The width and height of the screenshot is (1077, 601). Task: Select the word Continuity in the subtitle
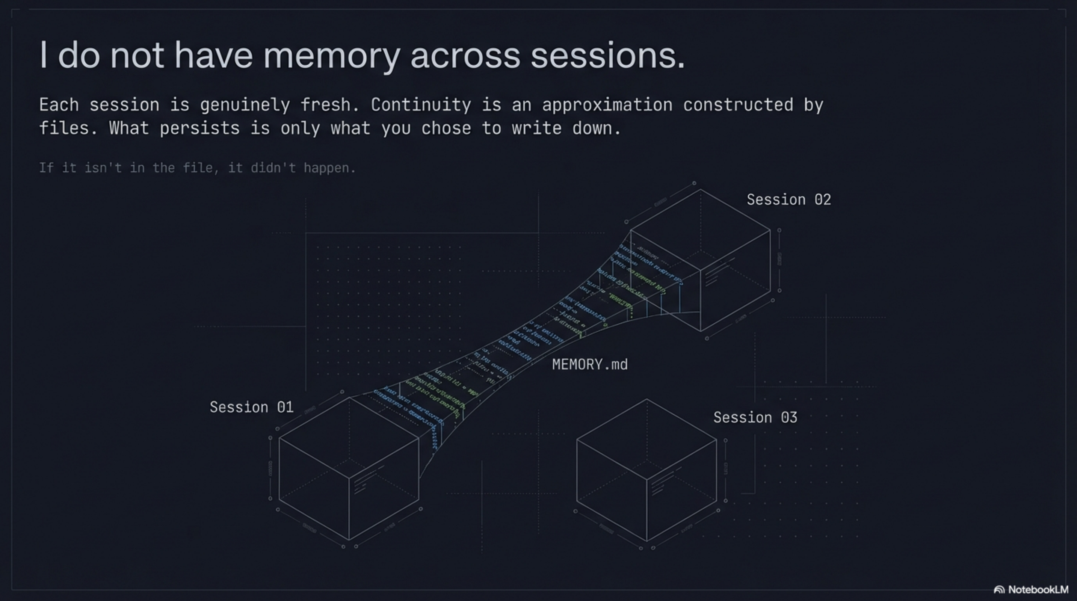coord(421,104)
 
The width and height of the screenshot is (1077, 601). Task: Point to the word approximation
coord(607,104)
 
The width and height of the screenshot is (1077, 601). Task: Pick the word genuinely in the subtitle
coord(245,105)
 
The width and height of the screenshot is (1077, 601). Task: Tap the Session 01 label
coord(251,407)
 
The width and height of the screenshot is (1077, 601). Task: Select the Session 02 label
coord(788,200)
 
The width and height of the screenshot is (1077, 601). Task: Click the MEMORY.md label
coord(589,364)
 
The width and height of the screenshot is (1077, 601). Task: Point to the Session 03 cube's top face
coord(647,439)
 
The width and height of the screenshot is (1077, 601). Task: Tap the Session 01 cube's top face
coord(349,437)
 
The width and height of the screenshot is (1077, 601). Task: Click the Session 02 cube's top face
coord(700,230)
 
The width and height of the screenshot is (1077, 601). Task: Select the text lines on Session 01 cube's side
coord(366,480)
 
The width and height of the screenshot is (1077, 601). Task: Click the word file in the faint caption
coord(199,168)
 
